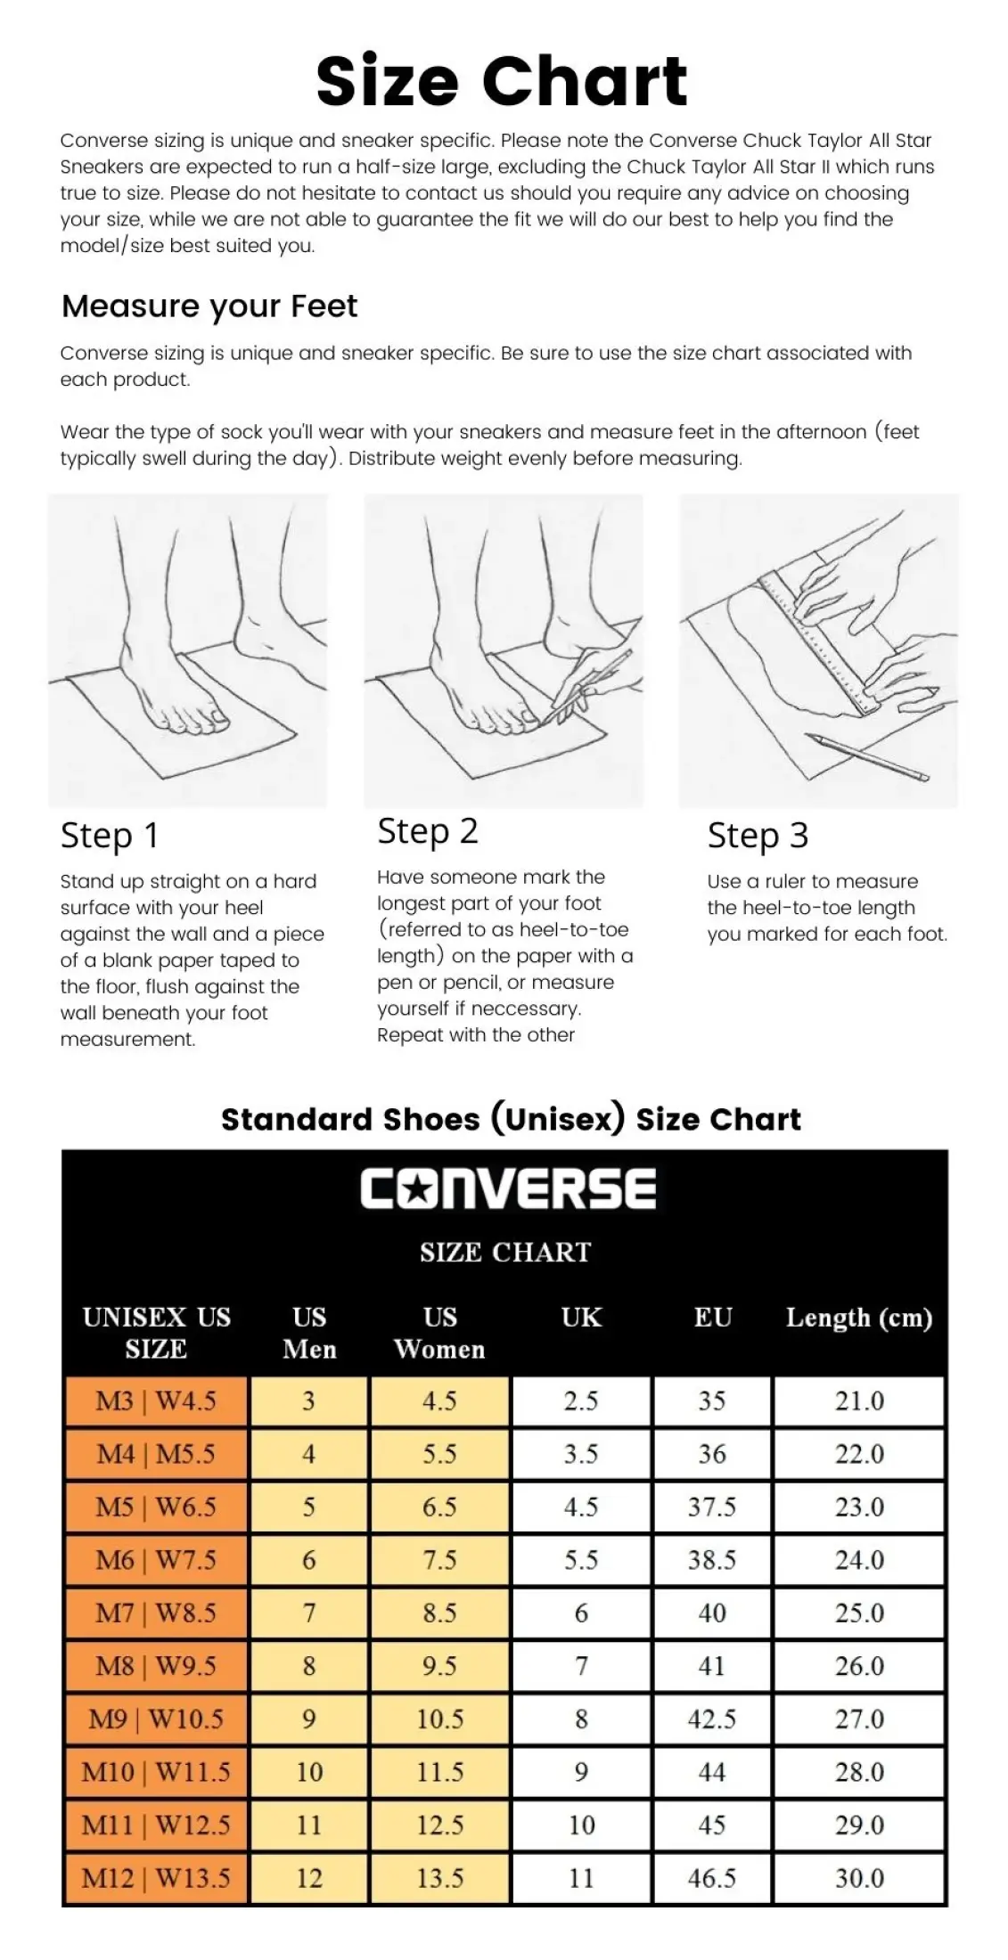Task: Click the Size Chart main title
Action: [502, 82]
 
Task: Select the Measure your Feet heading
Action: [209, 306]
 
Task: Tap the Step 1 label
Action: [109, 836]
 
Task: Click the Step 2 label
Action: [428, 831]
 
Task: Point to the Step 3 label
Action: [758, 836]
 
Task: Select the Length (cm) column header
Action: [859, 1318]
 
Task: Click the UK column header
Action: [581, 1318]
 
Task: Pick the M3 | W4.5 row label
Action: [156, 1401]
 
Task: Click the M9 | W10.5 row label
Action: [156, 1719]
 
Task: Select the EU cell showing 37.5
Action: [712, 1507]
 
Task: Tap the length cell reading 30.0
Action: [859, 1877]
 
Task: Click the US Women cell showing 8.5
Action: [439, 1613]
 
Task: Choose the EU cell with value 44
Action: [712, 1771]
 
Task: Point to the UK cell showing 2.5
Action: [581, 1401]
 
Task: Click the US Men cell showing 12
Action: [308, 1877]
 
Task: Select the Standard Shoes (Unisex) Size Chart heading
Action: [511, 1119]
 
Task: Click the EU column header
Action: [713, 1318]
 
